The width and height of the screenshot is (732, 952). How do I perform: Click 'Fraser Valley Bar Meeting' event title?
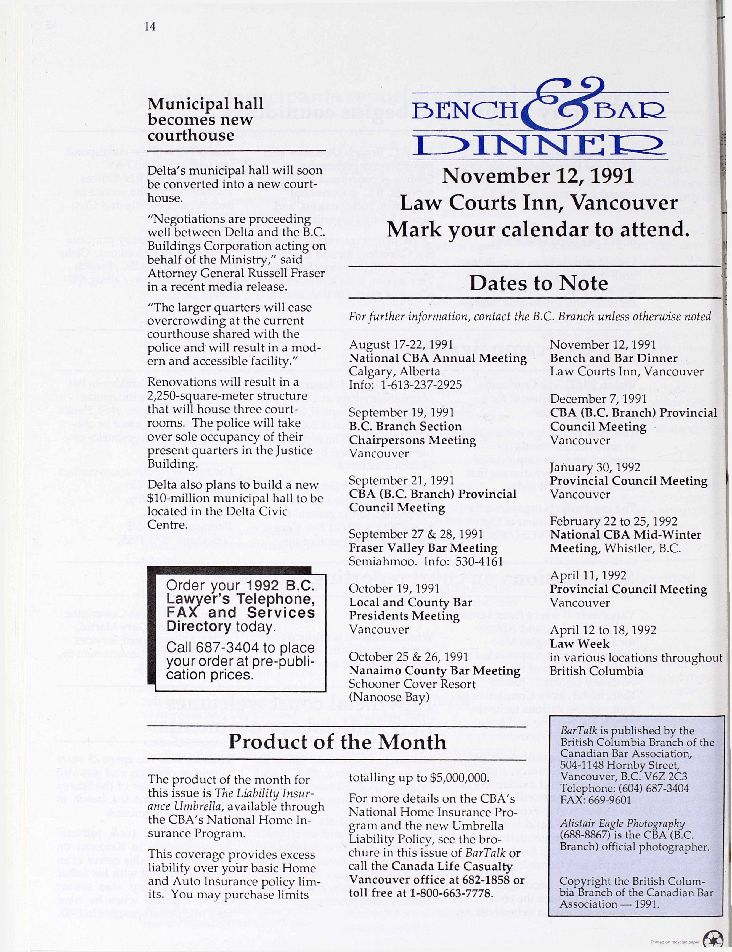pyautogui.click(x=423, y=547)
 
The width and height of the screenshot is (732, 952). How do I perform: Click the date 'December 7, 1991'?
pyautogui.click(x=598, y=399)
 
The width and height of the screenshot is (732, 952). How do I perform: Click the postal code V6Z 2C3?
pyautogui.click(x=665, y=776)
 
